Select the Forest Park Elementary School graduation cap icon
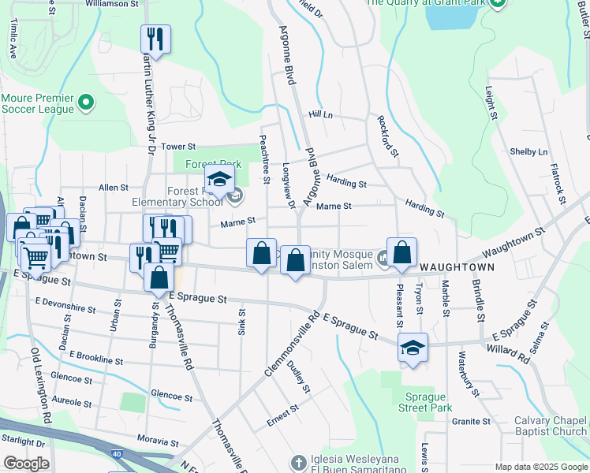(x=219, y=179)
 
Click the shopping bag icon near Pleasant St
(x=401, y=252)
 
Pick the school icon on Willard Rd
(x=411, y=348)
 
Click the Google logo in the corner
(x=26, y=464)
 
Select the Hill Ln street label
(x=320, y=115)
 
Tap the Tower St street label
(x=177, y=147)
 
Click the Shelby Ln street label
(x=528, y=151)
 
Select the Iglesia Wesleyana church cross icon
(x=298, y=462)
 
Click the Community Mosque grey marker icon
(x=383, y=257)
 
